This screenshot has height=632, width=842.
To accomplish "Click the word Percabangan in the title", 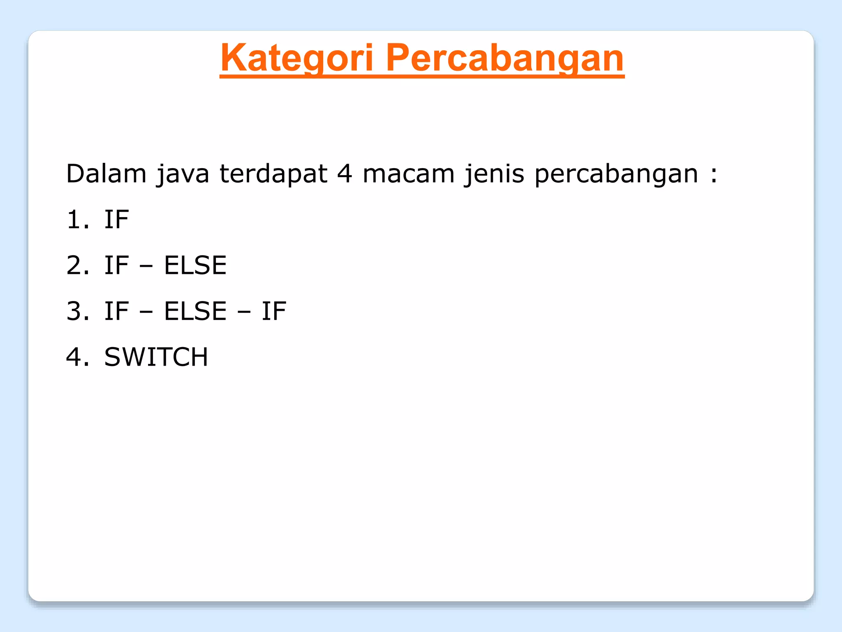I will tap(504, 58).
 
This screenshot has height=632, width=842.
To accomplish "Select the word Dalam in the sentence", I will tap(106, 174).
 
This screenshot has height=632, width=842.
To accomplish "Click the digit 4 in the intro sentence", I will tap(345, 174).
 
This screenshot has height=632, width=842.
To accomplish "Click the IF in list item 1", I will tap(116, 220).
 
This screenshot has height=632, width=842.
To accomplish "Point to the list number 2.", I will tap(77, 265).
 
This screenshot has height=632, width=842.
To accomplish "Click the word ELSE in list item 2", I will tap(195, 265).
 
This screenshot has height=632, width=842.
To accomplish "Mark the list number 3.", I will tap(77, 311).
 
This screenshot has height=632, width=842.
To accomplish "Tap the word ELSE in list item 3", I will tap(195, 311).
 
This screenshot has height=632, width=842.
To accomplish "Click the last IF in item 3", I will tap(274, 311).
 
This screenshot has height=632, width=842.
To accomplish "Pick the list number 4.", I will tap(77, 357).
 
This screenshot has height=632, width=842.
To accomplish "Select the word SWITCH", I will tap(156, 357).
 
